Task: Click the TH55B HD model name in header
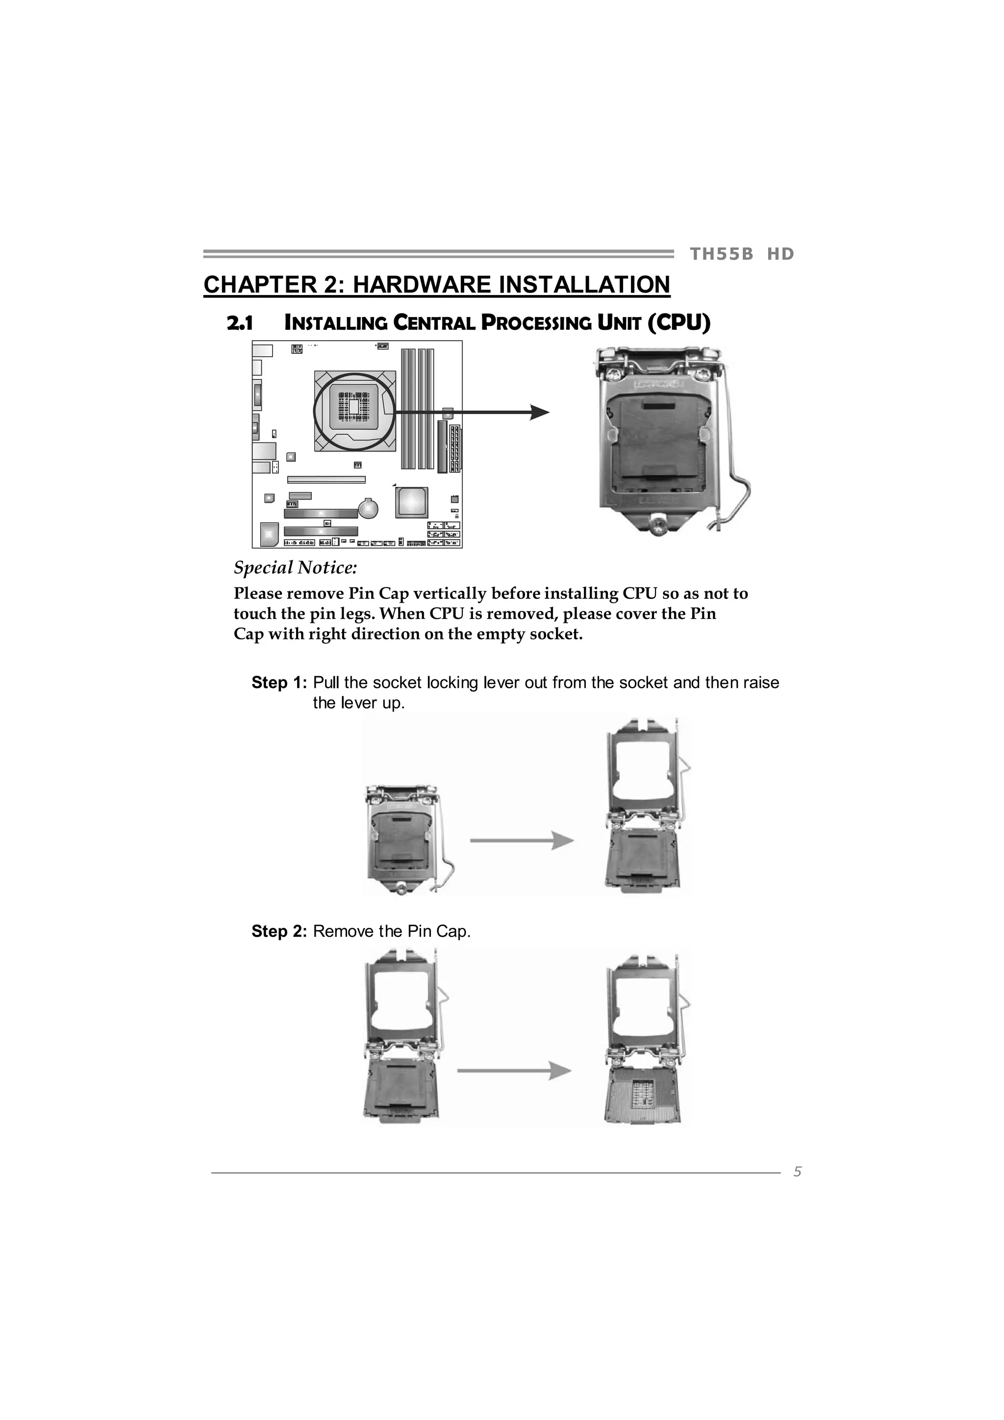741,254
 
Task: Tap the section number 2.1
240,323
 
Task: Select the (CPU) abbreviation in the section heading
678,323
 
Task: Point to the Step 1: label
278,683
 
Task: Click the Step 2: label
278,931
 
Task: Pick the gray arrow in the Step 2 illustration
513,1071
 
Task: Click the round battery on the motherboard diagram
369,509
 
